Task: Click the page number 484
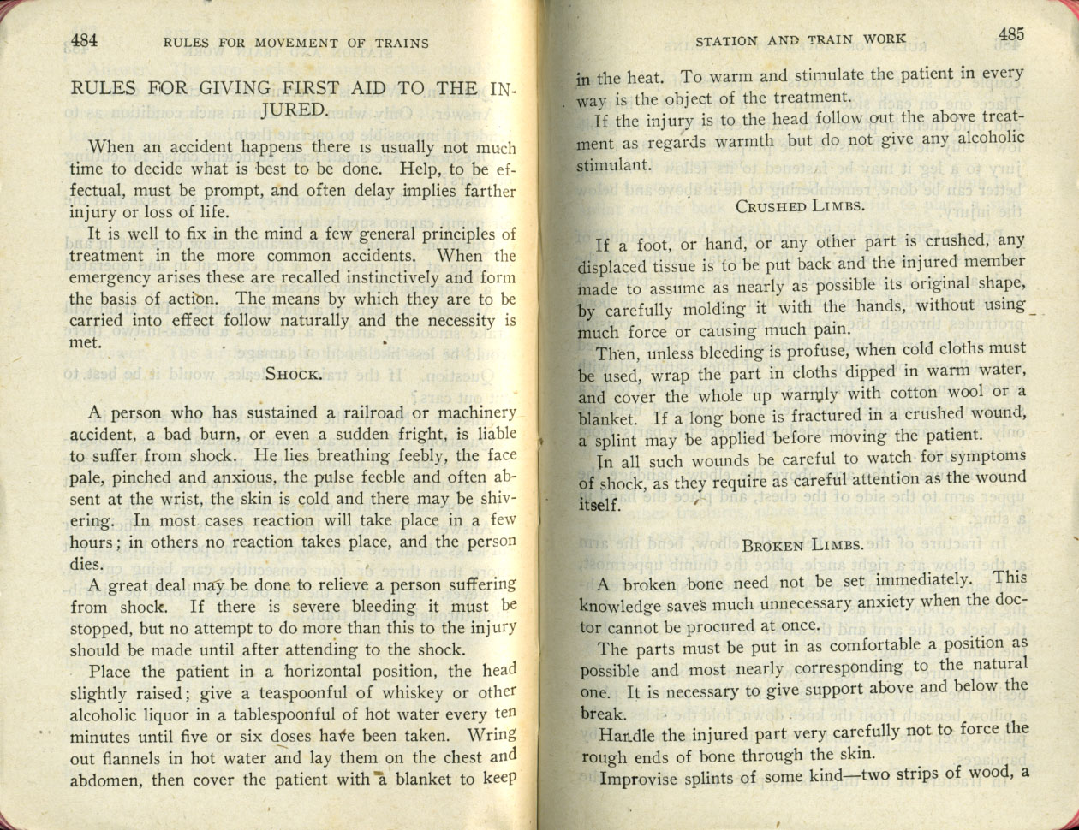pyautogui.click(x=85, y=39)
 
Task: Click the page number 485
pyautogui.click(x=1010, y=35)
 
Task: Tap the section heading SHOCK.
pyautogui.click(x=294, y=373)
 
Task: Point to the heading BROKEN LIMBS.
pyautogui.click(x=802, y=545)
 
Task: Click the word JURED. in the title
pyautogui.click(x=293, y=109)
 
